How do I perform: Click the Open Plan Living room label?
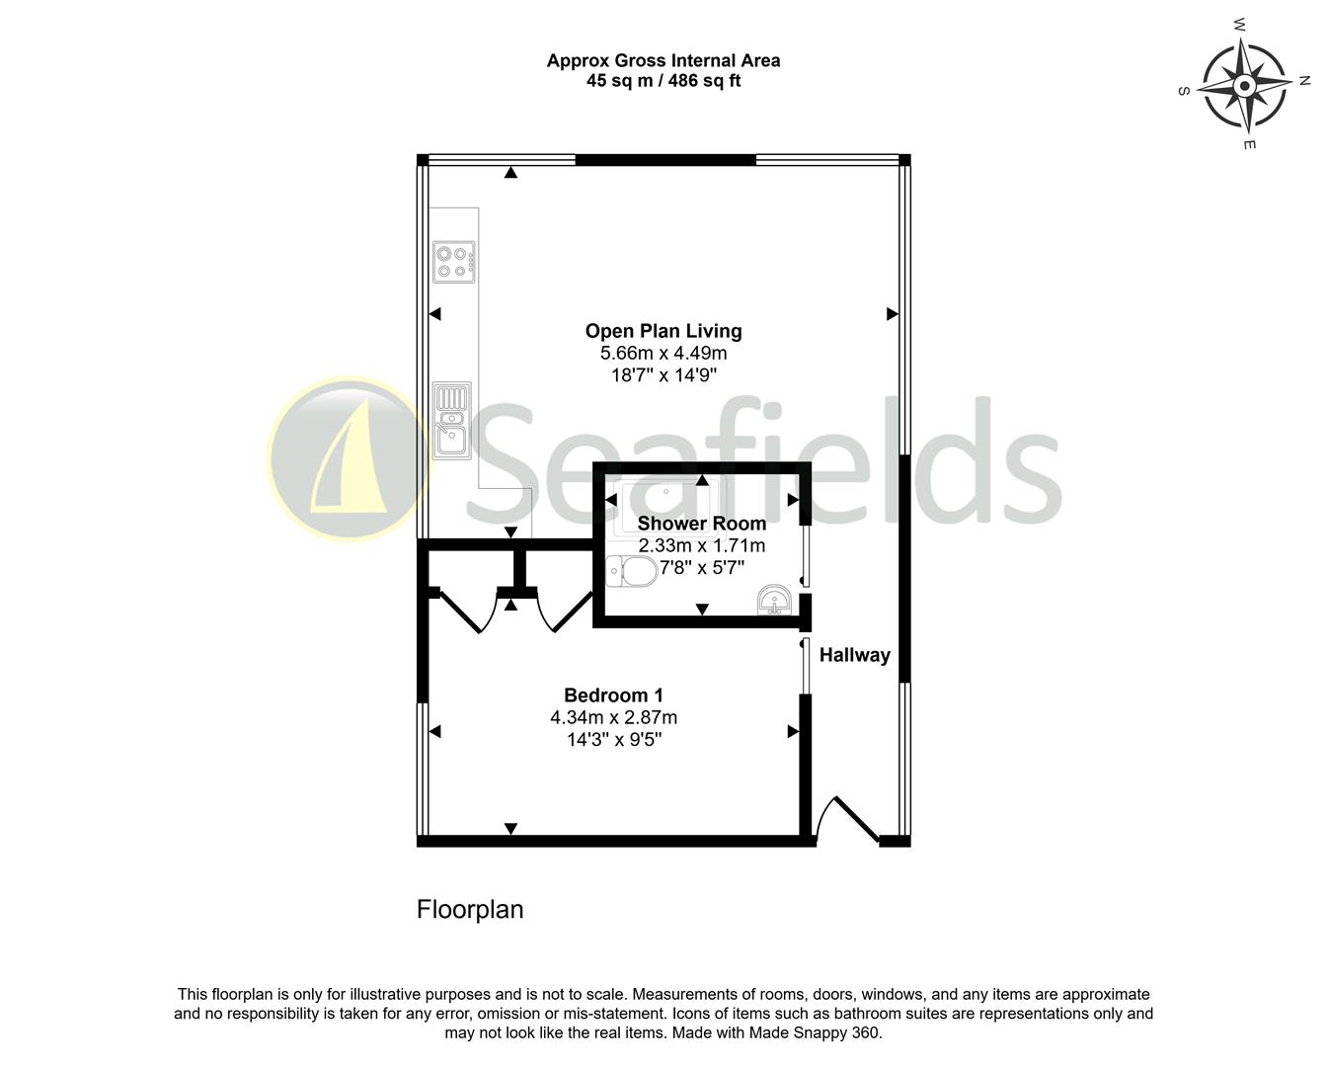pyautogui.click(x=663, y=331)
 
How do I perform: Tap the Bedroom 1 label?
pyautogui.click(x=613, y=696)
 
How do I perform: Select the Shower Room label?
pyautogui.click(x=701, y=524)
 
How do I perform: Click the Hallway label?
pyautogui.click(x=854, y=655)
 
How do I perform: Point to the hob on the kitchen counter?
pyautogui.click(x=454, y=262)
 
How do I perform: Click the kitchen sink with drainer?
pyautogui.click(x=453, y=421)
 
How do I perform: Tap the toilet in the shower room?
pyautogui.click(x=631, y=571)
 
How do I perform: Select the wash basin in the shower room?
pyautogui.click(x=773, y=600)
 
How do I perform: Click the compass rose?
pyautogui.click(x=1245, y=87)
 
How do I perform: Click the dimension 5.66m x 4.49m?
pyautogui.click(x=663, y=354)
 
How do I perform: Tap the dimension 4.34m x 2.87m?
pyautogui.click(x=613, y=718)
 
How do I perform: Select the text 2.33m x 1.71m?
pyautogui.click(x=701, y=545)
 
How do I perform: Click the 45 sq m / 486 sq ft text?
pyautogui.click(x=663, y=81)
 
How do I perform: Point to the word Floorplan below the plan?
pyautogui.click(x=470, y=909)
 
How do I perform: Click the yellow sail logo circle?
pyautogui.click(x=348, y=459)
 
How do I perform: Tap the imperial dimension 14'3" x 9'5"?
pyautogui.click(x=613, y=740)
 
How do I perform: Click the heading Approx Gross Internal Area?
pyautogui.click(x=663, y=60)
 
